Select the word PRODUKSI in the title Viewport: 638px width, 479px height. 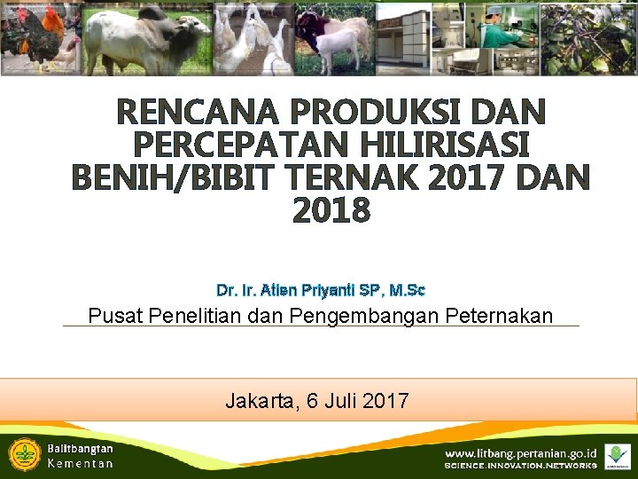[x=354, y=112]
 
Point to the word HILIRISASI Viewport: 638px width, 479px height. [x=445, y=145]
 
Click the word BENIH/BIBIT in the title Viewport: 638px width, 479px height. [x=174, y=178]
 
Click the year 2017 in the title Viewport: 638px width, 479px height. [x=468, y=178]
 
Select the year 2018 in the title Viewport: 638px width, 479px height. [x=331, y=211]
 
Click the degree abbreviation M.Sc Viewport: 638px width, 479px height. [x=408, y=290]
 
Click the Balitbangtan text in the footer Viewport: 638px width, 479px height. [x=80, y=449]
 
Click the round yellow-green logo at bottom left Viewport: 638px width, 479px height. [x=24, y=454]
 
